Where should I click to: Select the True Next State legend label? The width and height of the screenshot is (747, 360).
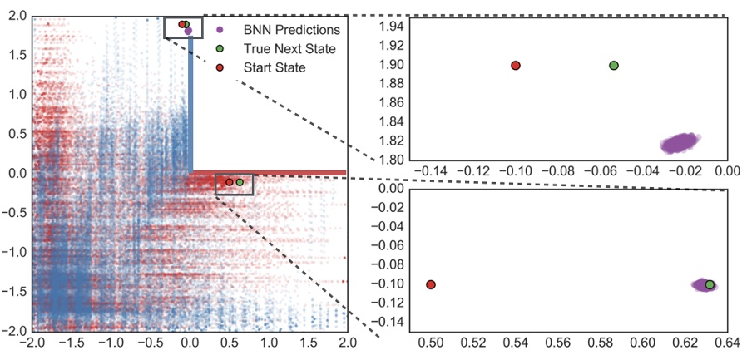(290, 48)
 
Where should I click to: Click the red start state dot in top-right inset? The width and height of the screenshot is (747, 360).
(516, 65)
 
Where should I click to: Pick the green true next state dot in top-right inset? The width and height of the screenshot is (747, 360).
(614, 65)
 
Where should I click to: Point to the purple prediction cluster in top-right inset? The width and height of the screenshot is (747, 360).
(683, 143)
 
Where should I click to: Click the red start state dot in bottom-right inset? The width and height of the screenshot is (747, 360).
(431, 284)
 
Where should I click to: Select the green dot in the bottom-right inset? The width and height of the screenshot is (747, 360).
(710, 284)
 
